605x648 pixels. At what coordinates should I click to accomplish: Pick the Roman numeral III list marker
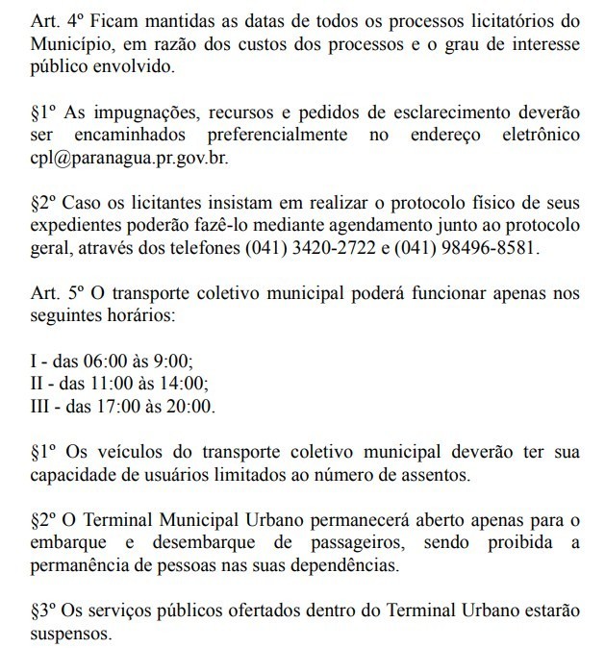(x=41, y=407)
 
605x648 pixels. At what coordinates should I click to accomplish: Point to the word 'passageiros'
(x=377, y=543)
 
